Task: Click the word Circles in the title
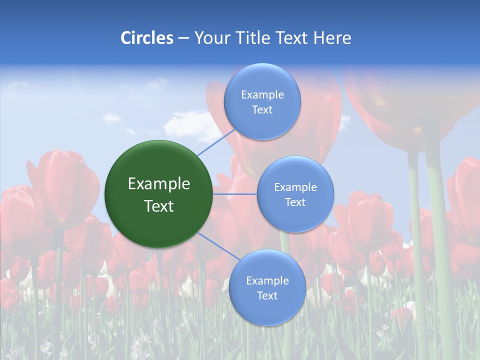tap(147, 38)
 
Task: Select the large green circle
tap(159, 194)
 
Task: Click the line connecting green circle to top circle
tap(216, 143)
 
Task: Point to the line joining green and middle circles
tap(235, 194)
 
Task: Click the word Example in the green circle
tap(159, 184)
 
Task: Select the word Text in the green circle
tap(159, 206)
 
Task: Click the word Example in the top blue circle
tap(262, 95)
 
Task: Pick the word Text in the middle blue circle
tap(295, 202)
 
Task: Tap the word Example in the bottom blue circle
tap(267, 281)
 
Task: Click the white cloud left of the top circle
tap(187, 125)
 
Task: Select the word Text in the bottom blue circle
tap(267, 296)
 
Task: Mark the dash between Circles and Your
tap(183, 38)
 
